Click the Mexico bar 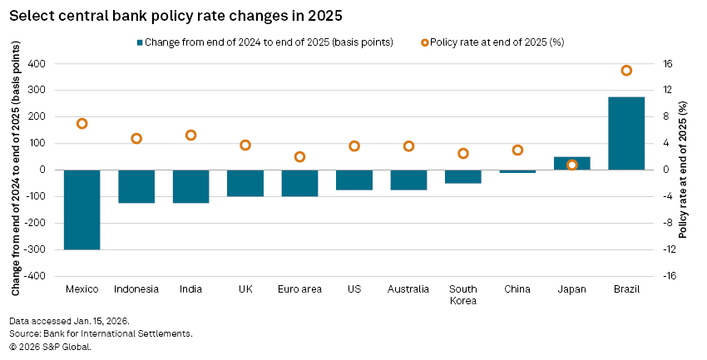[x=82, y=210]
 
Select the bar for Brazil [x=626, y=134]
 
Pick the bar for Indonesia [x=136, y=186]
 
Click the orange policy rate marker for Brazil [x=626, y=71]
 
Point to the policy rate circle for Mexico [x=82, y=124]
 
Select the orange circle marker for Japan [x=572, y=165]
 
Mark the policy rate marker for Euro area [x=299, y=156]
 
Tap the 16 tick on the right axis [x=668, y=64]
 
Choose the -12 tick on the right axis [x=668, y=249]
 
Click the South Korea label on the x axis [x=462, y=294]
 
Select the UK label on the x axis [x=245, y=289]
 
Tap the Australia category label [x=408, y=289]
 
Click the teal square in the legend [x=139, y=42]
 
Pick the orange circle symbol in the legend [x=426, y=42]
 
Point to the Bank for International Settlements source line [x=101, y=333]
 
